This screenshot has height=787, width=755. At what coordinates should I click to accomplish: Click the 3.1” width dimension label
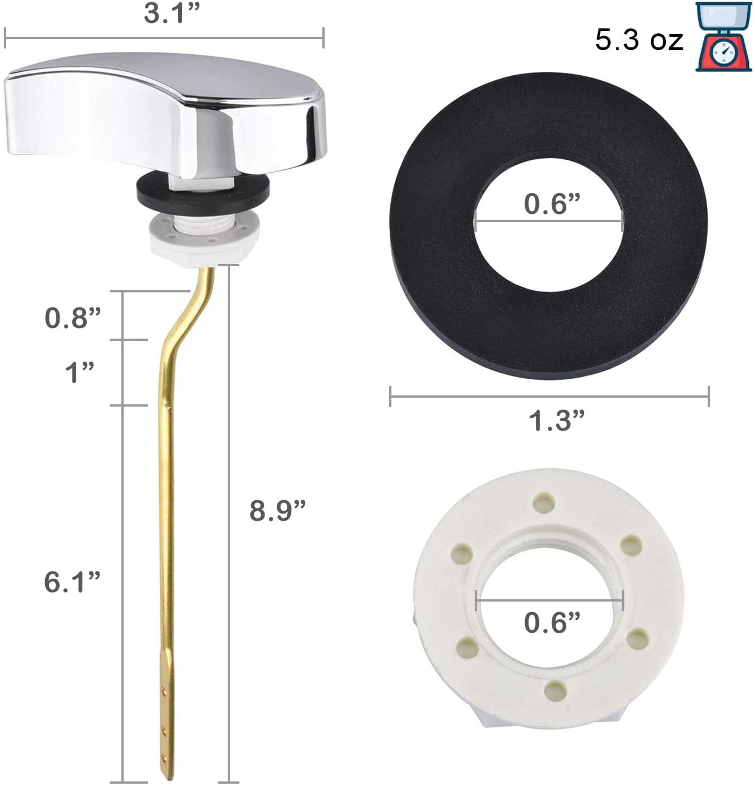171,13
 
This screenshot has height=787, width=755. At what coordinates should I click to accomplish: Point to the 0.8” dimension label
72,317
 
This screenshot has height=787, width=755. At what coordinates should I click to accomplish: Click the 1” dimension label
80,372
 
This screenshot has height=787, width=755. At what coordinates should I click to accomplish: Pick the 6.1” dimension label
72,582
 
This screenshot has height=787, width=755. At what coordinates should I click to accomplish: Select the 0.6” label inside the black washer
552,203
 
